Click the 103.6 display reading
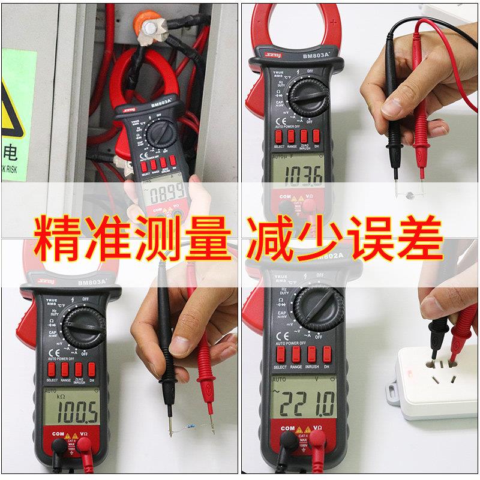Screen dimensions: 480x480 tap(304, 175)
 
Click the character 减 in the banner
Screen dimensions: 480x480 tap(272, 238)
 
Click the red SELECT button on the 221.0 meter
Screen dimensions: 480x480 tap(280, 353)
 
